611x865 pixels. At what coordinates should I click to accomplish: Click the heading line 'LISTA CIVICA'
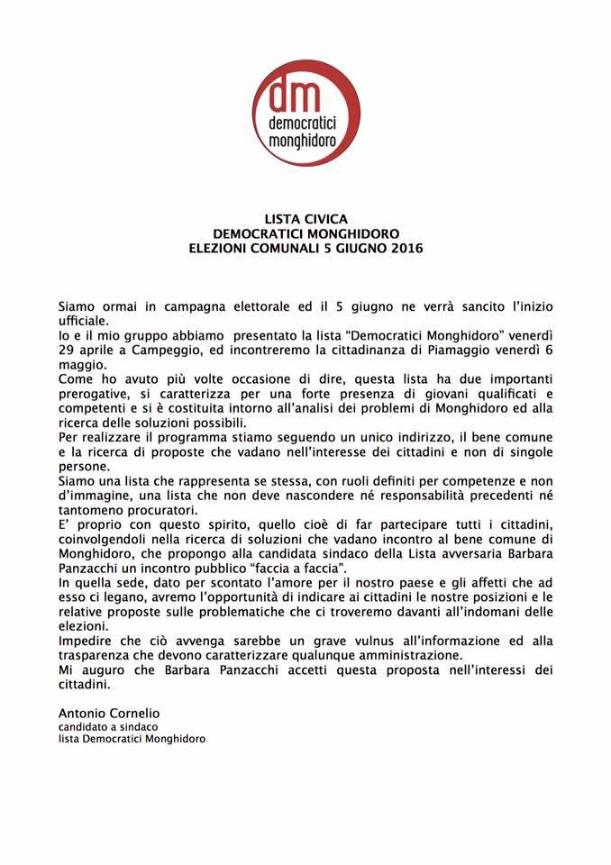click(x=305, y=218)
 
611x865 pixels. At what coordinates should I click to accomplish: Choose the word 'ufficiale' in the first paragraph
click(x=83, y=319)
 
